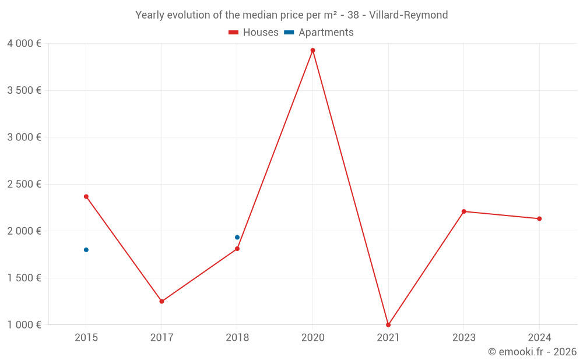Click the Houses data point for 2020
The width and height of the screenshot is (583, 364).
312,50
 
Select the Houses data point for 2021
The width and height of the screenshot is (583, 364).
388,325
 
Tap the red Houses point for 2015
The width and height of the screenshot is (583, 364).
86,196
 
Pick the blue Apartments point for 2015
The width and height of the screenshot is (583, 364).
86,250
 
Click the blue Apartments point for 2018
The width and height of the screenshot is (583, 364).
237,237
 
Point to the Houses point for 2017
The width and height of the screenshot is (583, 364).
161,302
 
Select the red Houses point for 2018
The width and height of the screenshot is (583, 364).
237,249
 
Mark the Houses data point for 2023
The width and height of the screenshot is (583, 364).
463,211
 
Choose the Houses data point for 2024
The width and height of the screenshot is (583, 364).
539,219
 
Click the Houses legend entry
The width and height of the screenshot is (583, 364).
254,33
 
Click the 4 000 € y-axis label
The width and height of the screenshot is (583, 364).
24,44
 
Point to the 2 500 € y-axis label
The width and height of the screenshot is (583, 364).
24,184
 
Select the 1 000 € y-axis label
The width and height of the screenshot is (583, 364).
24,325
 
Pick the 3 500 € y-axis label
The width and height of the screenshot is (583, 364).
24,90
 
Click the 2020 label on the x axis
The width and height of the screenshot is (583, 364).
312,338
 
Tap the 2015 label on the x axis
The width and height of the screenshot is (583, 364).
86,338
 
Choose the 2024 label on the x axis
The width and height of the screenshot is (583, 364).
539,338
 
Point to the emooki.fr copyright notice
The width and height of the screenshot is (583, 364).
532,352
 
